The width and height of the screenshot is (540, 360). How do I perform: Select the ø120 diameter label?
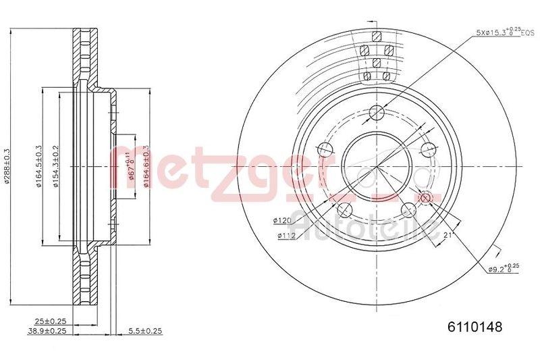click(x=281, y=220)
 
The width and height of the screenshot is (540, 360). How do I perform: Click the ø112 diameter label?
click(x=286, y=235)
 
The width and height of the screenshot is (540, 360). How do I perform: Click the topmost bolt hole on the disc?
click(x=377, y=112)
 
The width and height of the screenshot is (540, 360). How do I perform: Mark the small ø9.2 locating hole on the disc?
click(x=425, y=197)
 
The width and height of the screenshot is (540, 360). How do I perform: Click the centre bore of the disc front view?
click(x=376, y=165)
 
